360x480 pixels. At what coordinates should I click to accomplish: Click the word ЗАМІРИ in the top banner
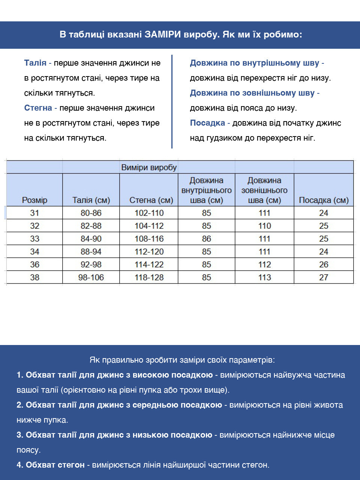tap(163, 35)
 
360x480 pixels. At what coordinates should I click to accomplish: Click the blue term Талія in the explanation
tap(35, 63)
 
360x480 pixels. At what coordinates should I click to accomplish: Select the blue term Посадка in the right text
tap(207, 123)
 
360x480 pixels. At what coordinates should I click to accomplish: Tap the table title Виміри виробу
tap(149, 167)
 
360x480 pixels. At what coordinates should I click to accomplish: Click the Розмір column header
tap(34, 200)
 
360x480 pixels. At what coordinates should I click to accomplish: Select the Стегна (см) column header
tap(151, 200)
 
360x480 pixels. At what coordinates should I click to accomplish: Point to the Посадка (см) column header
tap(324, 200)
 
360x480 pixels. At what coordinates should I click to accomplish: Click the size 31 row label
tap(34, 213)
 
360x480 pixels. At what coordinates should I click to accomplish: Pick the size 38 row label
tap(34, 277)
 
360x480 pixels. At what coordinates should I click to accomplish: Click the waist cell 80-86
tap(91, 213)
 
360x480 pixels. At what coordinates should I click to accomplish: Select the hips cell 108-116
tap(149, 239)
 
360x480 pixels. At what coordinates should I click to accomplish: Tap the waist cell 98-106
tap(91, 277)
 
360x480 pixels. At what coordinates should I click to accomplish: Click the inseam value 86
tap(207, 239)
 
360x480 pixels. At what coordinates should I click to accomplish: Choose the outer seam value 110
tap(264, 226)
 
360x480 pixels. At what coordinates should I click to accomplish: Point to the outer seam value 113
tap(264, 277)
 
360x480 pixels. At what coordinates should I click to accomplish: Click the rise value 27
tap(324, 277)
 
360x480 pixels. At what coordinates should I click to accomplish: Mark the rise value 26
tap(324, 265)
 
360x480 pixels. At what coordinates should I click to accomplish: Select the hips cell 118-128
tap(149, 277)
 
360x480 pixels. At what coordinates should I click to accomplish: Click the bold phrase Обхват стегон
tap(55, 465)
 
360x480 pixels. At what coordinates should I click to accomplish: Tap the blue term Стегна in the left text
tap(38, 108)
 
